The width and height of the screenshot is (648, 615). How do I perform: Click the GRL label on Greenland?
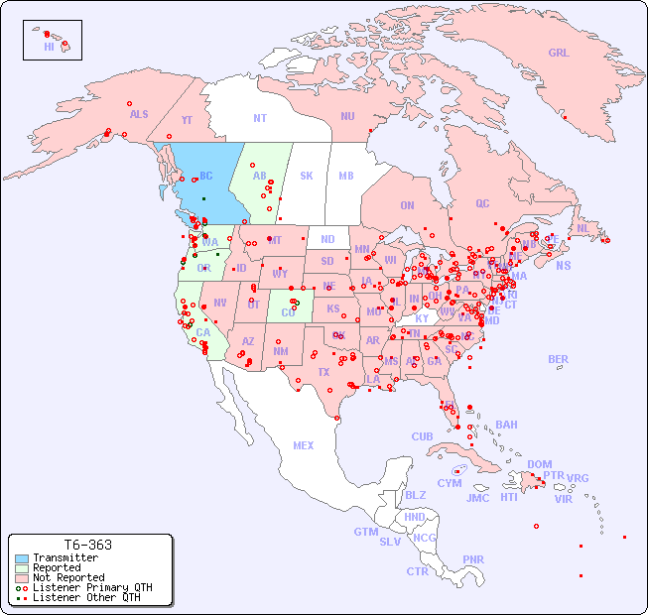[559, 54]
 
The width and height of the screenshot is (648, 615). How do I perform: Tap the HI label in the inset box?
[49, 47]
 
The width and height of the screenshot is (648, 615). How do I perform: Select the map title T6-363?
[87, 545]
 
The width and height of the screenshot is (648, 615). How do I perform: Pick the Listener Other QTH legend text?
[85, 597]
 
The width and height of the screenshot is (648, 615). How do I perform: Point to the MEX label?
[304, 445]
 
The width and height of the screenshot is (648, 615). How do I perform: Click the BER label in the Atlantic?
[559, 359]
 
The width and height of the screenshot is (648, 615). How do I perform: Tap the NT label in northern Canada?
[260, 118]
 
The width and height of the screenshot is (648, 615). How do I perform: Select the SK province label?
[307, 176]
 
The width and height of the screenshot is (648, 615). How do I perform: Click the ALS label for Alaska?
[139, 114]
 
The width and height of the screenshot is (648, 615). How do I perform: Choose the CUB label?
[423, 436]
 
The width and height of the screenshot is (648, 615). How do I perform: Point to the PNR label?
[473, 559]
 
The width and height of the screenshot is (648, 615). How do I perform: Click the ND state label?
[327, 239]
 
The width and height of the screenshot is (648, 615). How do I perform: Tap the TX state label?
[324, 372]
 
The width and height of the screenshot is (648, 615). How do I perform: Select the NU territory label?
[347, 116]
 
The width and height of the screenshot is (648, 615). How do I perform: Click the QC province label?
[482, 203]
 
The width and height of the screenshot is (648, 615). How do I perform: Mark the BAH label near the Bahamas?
[506, 425]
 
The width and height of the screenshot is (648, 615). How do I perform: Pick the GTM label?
[365, 532]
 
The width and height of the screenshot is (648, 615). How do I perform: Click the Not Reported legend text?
[68, 577]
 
